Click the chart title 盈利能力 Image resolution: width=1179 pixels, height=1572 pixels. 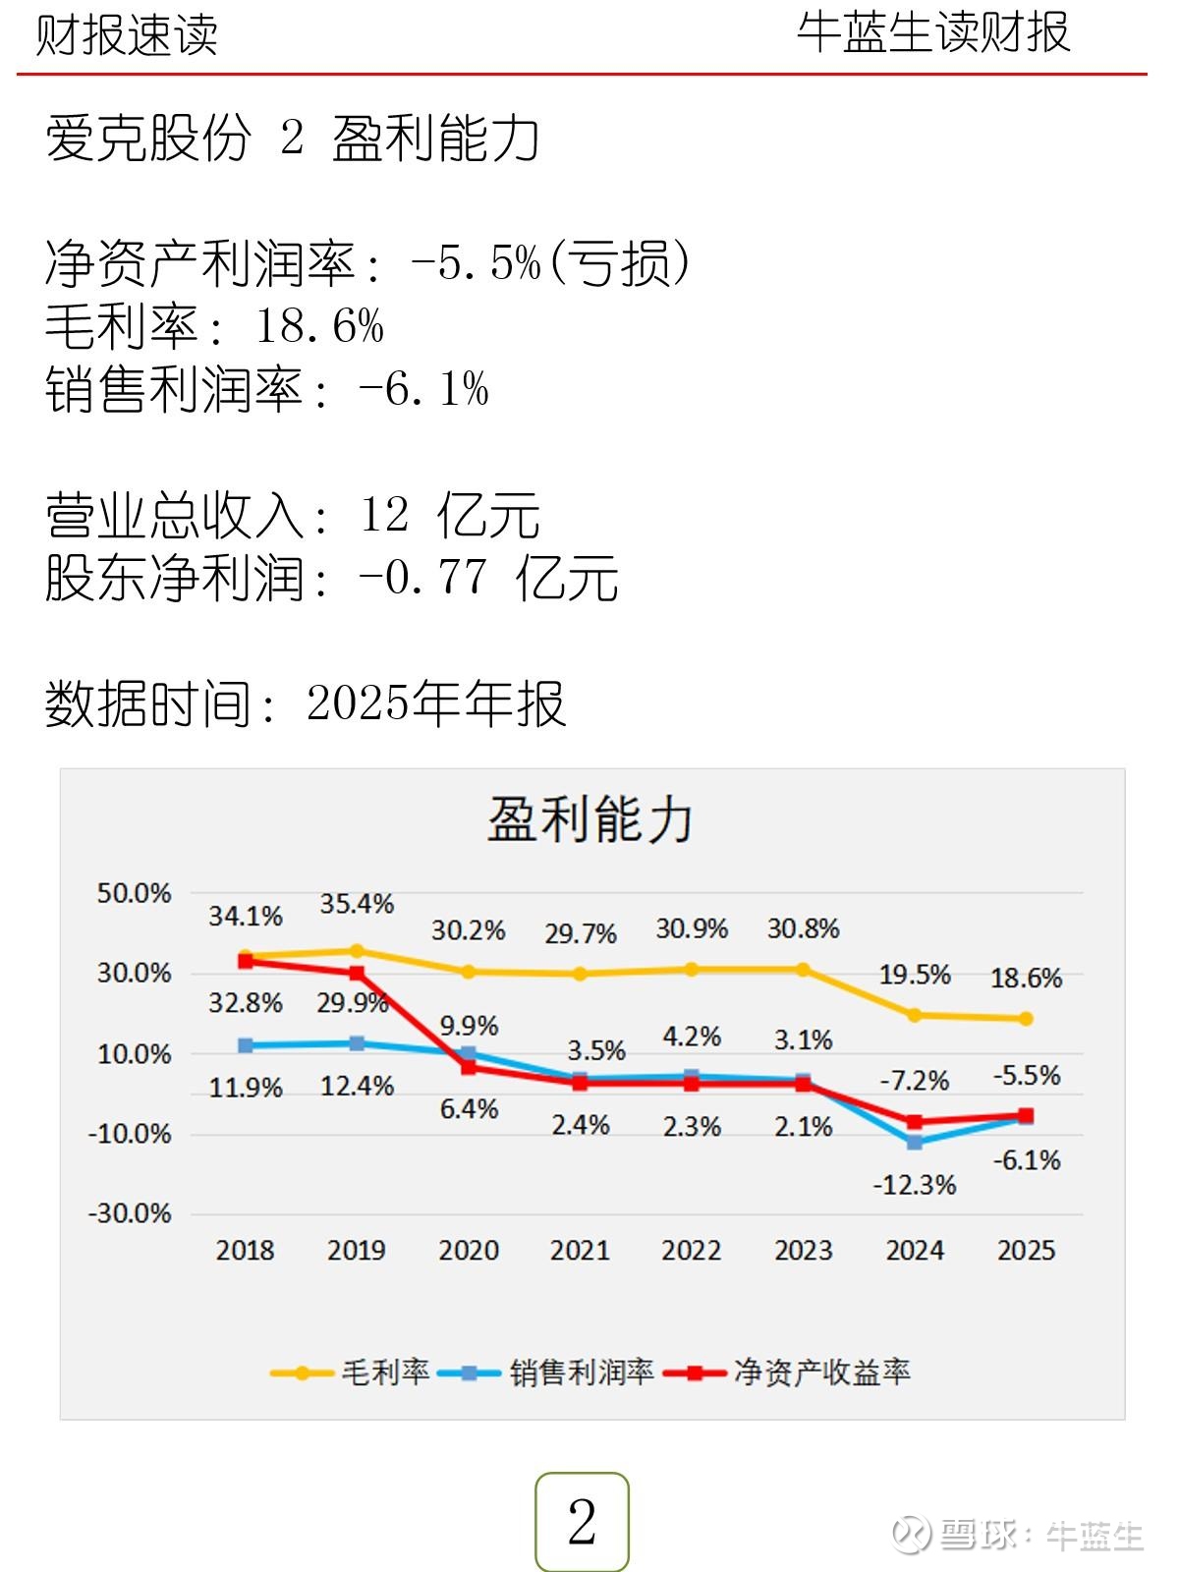coord(590,818)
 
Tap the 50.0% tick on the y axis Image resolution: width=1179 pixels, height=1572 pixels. coord(134,893)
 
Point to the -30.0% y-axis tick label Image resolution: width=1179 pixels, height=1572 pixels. coord(130,1213)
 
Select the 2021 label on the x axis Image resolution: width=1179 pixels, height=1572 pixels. coord(580,1250)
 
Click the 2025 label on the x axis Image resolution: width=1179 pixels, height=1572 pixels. coord(1026,1250)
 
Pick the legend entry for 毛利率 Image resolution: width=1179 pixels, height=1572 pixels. coord(351,1372)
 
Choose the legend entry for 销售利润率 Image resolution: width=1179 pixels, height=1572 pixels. coord(546,1372)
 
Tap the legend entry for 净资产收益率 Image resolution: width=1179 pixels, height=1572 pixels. coord(788,1372)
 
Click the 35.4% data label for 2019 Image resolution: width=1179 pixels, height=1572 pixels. coord(357,904)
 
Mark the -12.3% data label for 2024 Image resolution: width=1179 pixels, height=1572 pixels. coord(914,1185)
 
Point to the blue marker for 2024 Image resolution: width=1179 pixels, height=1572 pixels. coord(915,1143)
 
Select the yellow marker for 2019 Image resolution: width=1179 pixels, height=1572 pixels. coord(357,951)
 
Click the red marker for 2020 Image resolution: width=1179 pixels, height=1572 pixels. coord(469,1067)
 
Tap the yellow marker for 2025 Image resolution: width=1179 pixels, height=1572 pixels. coord(1026,1019)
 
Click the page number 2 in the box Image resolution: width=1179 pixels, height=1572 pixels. coord(582,1522)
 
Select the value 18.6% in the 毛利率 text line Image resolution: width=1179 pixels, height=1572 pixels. coord(319,326)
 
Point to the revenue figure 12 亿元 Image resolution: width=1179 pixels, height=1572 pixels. coord(450,515)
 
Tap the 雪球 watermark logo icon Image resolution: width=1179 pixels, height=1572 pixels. coord(912,1534)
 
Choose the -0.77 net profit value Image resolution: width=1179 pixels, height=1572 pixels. coord(422,577)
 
